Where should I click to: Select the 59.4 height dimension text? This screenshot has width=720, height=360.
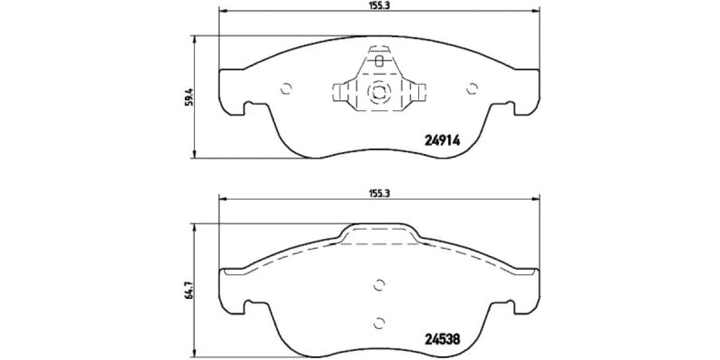pyautogui.click(x=187, y=97)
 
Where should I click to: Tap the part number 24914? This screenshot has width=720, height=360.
pyautogui.click(x=442, y=140)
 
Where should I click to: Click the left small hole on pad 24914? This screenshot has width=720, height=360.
pyautogui.click(x=286, y=88)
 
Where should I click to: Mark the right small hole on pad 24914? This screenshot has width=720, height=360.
pyautogui.click(x=472, y=88)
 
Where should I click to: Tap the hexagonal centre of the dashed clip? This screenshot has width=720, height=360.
pyautogui.click(x=379, y=92)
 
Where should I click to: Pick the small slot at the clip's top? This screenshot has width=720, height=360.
pyautogui.click(x=379, y=61)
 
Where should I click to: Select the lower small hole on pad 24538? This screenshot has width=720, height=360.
pyautogui.click(x=379, y=323)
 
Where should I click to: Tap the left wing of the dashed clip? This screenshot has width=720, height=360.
pyautogui.click(x=342, y=92)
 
